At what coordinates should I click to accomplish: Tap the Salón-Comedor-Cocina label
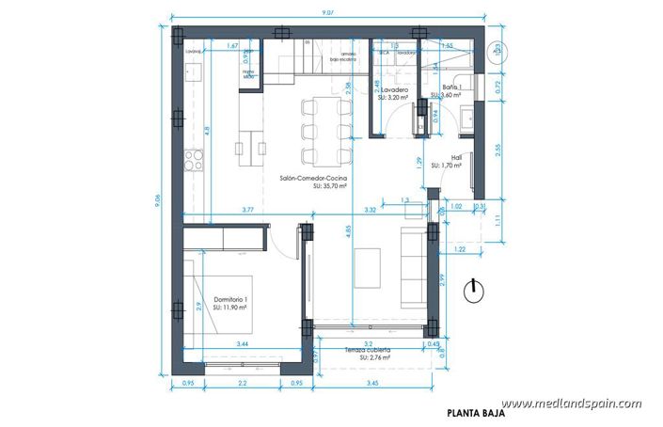[313, 177]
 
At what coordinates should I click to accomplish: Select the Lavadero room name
[394, 90]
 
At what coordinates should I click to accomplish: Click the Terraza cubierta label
[367, 350]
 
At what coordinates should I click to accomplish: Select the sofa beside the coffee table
[411, 265]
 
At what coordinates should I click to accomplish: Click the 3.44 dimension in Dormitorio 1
[243, 344]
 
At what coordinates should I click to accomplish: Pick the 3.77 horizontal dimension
[246, 209]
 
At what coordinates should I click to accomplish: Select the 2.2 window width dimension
[242, 384]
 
